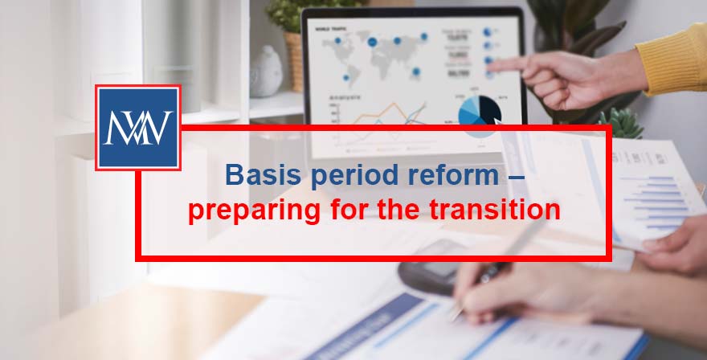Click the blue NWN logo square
point(137,128)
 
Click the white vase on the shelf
point(266,72)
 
